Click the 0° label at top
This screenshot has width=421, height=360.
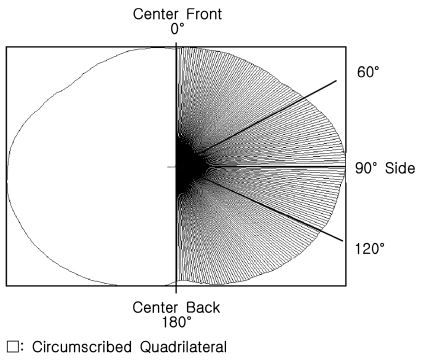coord(177,30)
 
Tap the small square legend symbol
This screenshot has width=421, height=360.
coord(11,348)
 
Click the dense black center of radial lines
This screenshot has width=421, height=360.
coord(186,165)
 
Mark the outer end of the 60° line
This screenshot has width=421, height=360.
coord(336,81)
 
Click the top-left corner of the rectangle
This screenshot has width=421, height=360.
coord(6,46)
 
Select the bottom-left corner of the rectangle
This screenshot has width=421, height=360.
coord(6,286)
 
